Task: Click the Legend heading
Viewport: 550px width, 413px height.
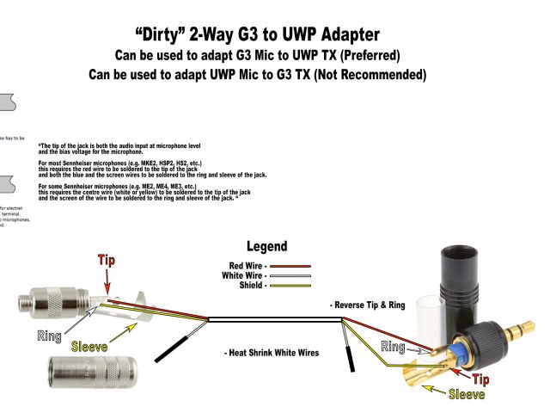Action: click(x=266, y=246)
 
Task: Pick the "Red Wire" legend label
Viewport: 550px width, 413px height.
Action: click(x=247, y=266)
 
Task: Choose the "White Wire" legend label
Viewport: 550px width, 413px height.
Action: click(x=245, y=275)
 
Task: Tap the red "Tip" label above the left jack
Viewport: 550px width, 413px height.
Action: click(x=107, y=260)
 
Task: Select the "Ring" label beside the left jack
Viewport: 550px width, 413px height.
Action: click(x=50, y=335)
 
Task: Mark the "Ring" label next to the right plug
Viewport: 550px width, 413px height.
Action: click(x=393, y=348)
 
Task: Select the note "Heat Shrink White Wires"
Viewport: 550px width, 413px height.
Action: click(x=273, y=354)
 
